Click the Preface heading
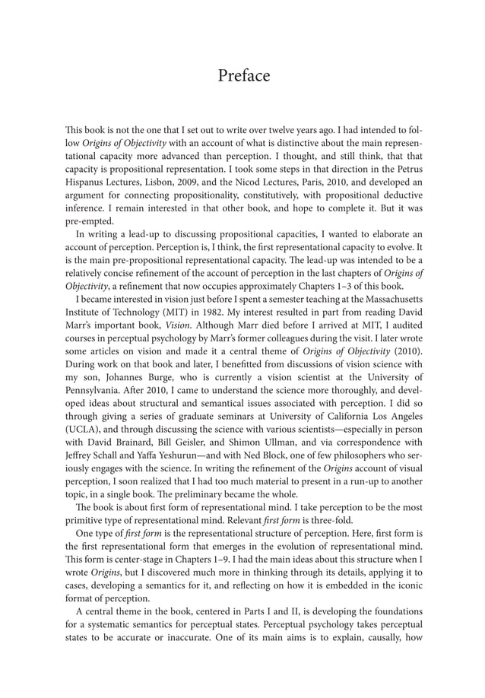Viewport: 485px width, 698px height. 243,76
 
